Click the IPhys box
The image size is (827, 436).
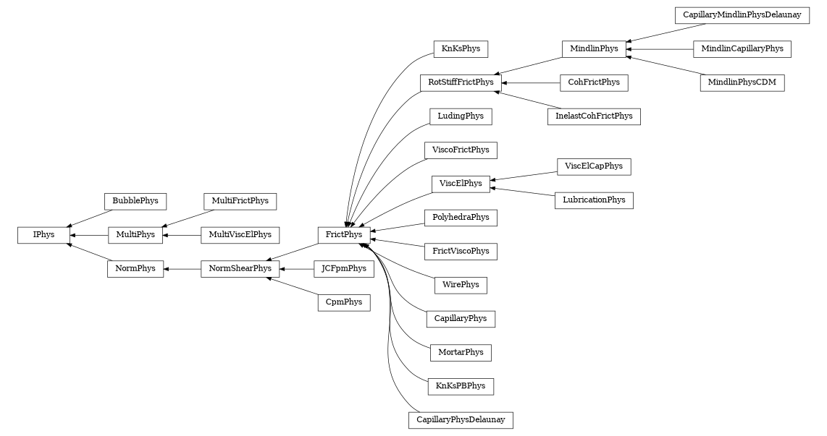pyautogui.click(x=43, y=235)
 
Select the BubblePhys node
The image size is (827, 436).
pyautogui.click(x=135, y=200)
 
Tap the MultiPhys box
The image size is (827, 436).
pyautogui.click(x=135, y=235)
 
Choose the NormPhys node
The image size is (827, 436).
pyautogui.click(x=135, y=269)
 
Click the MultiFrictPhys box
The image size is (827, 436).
pyautogui.click(x=240, y=200)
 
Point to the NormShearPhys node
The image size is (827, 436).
pyautogui.click(x=240, y=269)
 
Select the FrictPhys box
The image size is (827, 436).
pyautogui.click(x=344, y=235)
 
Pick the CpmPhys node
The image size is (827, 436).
pyautogui.click(x=344, y=302)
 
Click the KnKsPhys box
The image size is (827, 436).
pyautogui.click(x=460, y=49)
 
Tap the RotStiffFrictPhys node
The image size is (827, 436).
pyautogui.click(x=460, y=82)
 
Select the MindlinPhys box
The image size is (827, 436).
pyautogui.click(x=594, y=49)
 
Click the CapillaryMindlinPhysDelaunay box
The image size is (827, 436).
pyautogui.click(x=742, y=15)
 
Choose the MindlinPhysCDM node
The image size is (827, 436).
pyautogui.click(x=742, y=82)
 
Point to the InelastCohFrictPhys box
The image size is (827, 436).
pyautogui.click(x=594, y=116)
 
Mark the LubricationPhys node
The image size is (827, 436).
pyautogui.click(x=594, y=200)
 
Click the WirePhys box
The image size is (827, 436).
pyautogui.click(x=460, y=285)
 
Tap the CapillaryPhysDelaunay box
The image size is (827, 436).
pyautogui.click(x=460, y=420)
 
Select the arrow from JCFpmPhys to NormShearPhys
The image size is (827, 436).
pyautogui.click(x=296, y=269)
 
